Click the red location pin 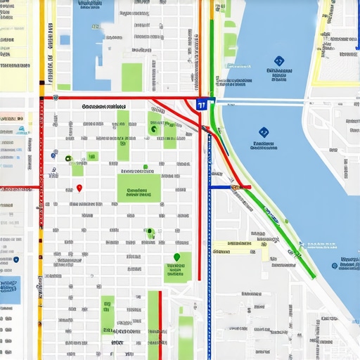[79, 188]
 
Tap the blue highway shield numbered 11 [202, 105]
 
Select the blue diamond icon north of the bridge [278, 61]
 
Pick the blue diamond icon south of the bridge [263, 131]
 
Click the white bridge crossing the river [260, 103]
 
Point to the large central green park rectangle [139, 188]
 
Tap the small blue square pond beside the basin [65, 40]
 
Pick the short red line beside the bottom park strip [160, 323]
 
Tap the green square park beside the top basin [131, 76]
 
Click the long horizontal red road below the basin [120, 98]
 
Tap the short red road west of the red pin [20, 188]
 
